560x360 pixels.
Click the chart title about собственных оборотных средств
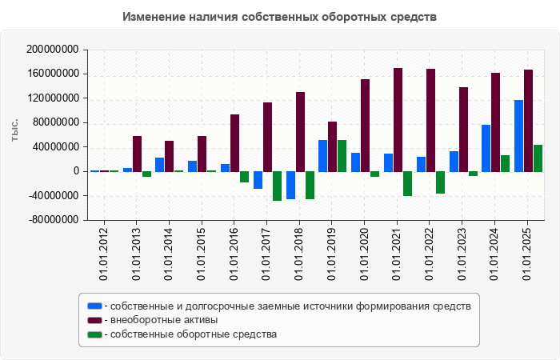[x=280, y=17]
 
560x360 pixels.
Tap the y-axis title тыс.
[x=14, y=130]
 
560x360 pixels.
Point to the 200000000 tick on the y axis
[x=52, y=50]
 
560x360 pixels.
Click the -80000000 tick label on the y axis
[x=52, y=220]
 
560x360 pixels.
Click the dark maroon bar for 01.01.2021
[x=398, y=120]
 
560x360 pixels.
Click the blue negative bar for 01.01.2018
[x=290, y=185]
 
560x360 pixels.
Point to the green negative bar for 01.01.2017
[x=277, y=186]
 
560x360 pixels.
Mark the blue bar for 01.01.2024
[x=486, y=148]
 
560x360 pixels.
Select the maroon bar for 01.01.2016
[x=234, y=142]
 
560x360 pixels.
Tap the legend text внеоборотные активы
[x=164, y=320]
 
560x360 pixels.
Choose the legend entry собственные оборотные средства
[x=193, y=334]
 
